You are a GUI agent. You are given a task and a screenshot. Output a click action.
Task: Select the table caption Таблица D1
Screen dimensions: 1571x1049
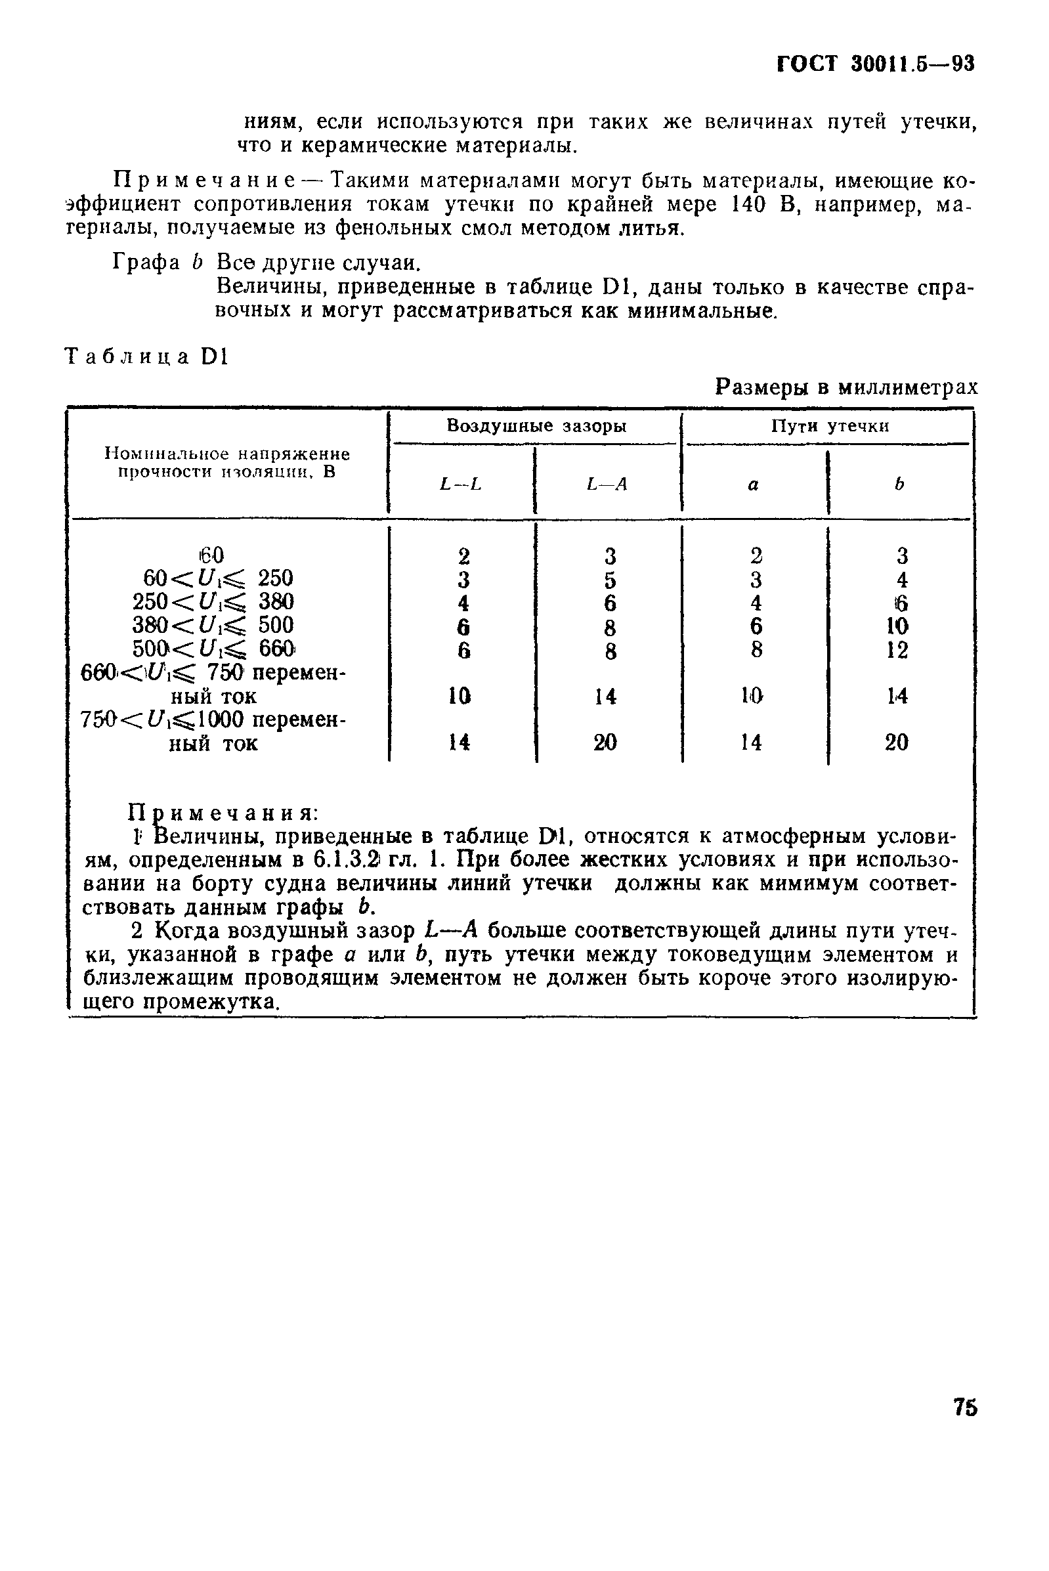coord(146,357)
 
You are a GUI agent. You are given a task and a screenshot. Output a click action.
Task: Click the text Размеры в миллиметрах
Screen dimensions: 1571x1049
coord(846,387)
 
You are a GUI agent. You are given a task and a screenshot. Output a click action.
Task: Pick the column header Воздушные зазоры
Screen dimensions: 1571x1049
coord(536,426)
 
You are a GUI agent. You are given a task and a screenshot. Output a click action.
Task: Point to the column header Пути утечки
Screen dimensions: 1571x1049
coord(830,426)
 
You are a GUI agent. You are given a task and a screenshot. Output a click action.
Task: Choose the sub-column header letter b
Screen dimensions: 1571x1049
coord(899,484)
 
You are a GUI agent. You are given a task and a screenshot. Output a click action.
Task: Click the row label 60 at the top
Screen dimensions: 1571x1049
coord(211,555)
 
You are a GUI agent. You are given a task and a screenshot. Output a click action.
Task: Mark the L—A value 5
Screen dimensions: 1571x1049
coord(609,580)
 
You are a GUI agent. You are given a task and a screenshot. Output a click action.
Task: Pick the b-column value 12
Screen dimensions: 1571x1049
coord(897,650)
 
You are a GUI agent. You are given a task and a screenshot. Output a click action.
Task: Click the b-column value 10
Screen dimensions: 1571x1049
coord(897,626)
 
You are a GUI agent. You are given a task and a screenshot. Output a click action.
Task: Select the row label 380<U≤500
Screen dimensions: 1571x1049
coord(213,626)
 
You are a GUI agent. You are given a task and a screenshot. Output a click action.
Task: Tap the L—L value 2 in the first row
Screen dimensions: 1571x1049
coord(463,556)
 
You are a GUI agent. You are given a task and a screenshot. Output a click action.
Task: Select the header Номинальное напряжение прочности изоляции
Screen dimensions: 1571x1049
coord(228,463)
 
